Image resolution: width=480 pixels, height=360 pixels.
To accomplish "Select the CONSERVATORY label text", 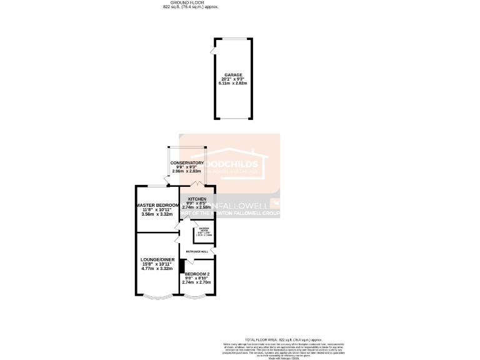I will [x=187, y=162].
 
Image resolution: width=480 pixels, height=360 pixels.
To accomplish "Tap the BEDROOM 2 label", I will [x=197, y=274].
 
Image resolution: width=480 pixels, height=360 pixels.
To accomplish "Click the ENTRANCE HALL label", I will [x=197, y=251].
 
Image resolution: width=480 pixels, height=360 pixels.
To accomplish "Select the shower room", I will [x=204, y=232].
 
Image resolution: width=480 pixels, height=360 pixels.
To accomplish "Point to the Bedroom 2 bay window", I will [x=197, y=296].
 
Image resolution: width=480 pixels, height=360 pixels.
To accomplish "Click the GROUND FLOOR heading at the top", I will [x=186, y=2].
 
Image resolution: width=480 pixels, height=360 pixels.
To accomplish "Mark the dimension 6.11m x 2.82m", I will [x=233, y=84].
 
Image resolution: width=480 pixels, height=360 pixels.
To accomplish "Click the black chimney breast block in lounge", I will [x=182, y=266].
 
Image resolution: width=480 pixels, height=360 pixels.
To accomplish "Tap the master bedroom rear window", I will [x=157, y=186].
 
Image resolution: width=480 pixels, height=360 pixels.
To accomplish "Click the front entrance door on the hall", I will [x=214, y=251].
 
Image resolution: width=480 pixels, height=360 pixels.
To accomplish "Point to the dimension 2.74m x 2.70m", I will [x=197, y=282].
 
